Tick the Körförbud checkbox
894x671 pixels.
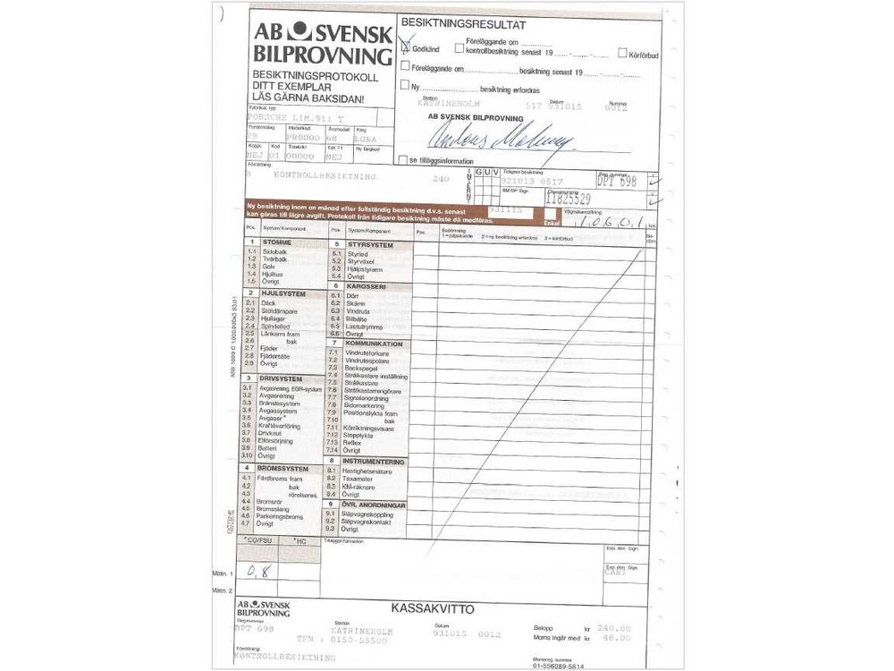tap(621, 54)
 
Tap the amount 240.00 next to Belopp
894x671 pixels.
tap(613, 628)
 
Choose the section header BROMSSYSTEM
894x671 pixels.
tap(283, 469)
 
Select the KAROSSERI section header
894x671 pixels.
tap(365, 286)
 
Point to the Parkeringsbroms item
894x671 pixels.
tap(280, 516)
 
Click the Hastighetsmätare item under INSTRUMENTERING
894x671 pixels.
tap(369, 470)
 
